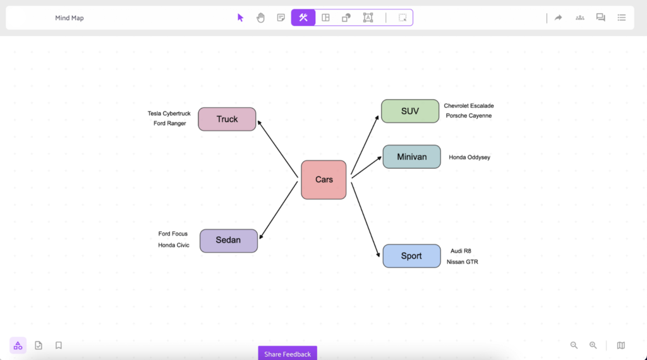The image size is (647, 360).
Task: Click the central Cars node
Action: pos(323,180)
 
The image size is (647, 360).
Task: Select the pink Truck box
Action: pos(227,119)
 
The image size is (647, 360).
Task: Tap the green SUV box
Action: pos(410,111)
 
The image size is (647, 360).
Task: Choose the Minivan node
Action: pos(411,157)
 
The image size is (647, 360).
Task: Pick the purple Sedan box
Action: pos(229,241)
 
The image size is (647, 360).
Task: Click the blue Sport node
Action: pos(411,256)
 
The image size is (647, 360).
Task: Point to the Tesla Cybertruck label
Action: pos(169,114)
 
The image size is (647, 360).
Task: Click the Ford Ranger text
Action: pos(169,124)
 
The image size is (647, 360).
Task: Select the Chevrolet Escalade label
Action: pos(469,106)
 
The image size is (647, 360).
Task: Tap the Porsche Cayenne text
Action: pos(469,116)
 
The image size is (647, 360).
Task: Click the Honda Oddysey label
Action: pos(469,157)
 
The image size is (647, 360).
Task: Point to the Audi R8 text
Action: pos(461,251)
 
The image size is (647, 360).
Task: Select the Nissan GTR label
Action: pos(462,262)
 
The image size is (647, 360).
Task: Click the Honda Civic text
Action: pos(173,246)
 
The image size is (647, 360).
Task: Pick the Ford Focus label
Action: pos(172,234)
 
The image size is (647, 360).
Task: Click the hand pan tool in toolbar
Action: pos(260,18)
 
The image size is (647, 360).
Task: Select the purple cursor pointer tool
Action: pos(240,18)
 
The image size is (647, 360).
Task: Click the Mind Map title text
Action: pos(69,18)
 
